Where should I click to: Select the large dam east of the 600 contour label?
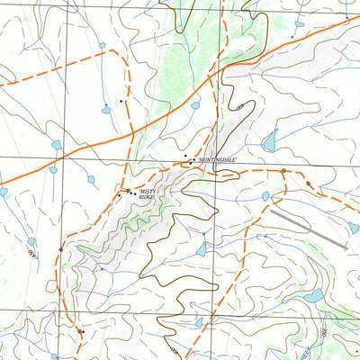pos(269,141)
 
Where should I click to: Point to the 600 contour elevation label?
pos(240,109)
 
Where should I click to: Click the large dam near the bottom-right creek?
pos(313,296)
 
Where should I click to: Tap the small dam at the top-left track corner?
pos(102,45)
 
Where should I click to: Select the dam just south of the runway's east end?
pos(354,228)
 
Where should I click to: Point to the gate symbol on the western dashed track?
pos(61,248)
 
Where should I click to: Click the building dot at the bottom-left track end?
pos(80,332)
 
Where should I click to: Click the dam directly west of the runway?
pos(265,195)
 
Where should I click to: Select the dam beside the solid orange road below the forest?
pos(195,105)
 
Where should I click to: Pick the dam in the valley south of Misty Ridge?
pos(201,250)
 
